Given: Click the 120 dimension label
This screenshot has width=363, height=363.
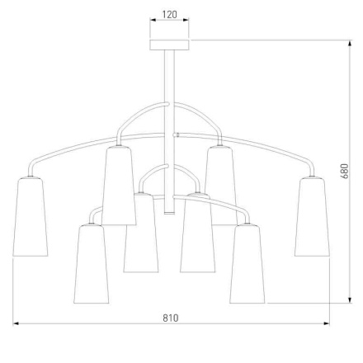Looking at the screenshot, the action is point(169,15).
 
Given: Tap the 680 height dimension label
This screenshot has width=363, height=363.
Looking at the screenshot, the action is point(345,171).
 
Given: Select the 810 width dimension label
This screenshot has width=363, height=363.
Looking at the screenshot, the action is point(171,318).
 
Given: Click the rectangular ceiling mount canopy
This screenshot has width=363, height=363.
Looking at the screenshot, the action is point(169,45).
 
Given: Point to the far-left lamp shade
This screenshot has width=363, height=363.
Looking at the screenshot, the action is point(31,217).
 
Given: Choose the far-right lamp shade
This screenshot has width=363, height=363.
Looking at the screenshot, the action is point(312,217).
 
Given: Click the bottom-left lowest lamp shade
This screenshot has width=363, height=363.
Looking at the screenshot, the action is point(92,264).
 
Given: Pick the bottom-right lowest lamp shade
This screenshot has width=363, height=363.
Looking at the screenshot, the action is point(247,264).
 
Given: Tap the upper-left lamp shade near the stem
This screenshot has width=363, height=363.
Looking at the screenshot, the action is point(119,186).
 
